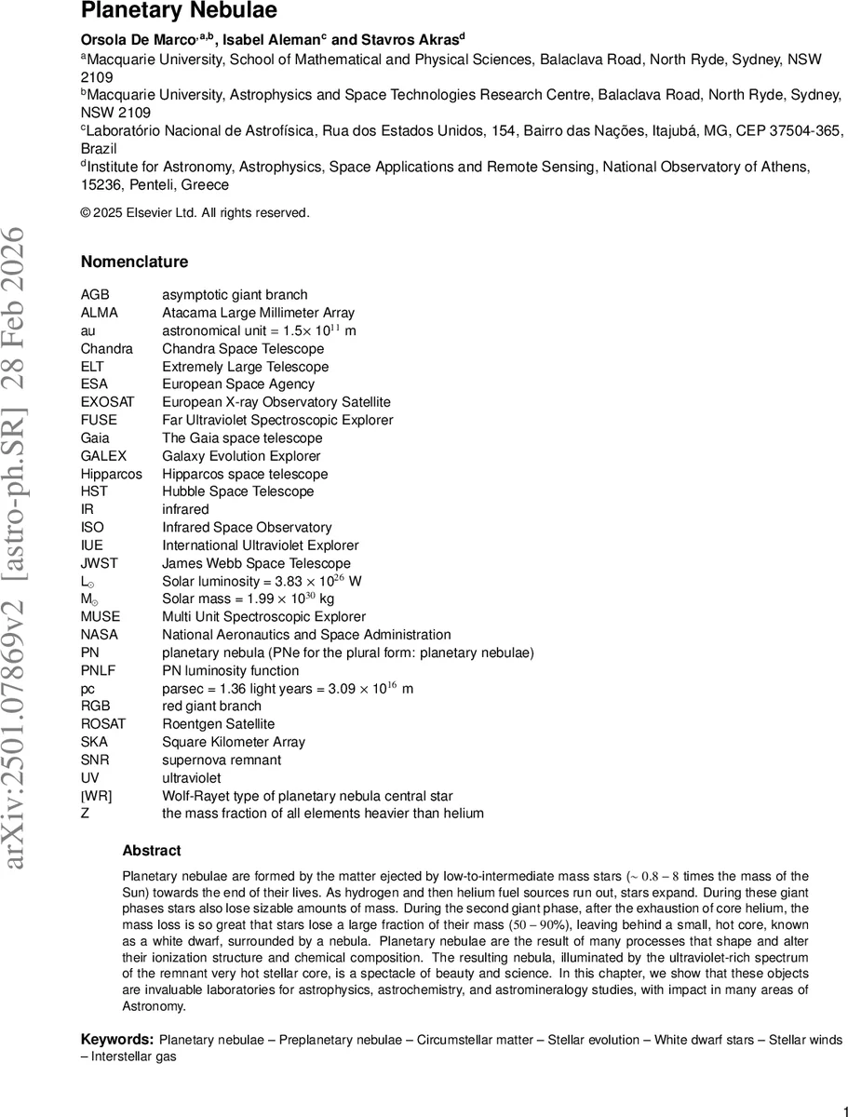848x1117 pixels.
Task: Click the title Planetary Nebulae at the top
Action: (179, 11)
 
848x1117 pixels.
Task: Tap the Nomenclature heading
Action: (134, 262)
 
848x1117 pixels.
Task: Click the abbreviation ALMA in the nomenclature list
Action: (100, 313)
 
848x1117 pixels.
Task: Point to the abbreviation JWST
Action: (100, 563)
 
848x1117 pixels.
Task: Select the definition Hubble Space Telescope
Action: (237, 491)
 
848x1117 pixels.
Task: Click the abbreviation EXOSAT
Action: (107, 402)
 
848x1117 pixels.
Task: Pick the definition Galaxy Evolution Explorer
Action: (241, 456)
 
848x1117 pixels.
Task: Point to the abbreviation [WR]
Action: (97, 796)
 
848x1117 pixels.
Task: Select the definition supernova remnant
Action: (222, 760)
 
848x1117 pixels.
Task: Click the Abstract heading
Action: (152, 851)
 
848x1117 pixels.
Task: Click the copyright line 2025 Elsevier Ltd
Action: (195, 213)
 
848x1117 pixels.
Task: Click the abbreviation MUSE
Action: (101, 616)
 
